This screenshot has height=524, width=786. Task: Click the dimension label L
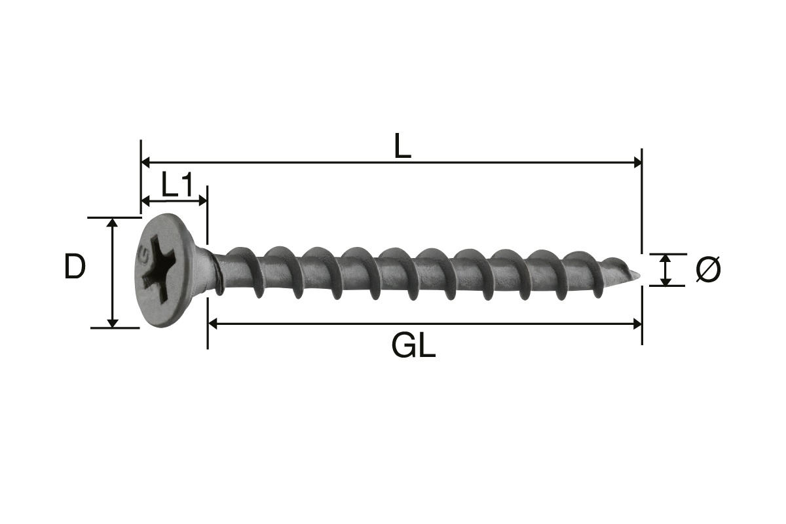[402, 145]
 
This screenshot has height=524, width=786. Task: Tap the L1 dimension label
[178, 184]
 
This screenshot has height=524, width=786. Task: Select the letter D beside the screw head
[75, 267]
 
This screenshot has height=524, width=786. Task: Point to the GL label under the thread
[413, 345]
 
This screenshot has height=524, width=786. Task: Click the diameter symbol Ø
[708, 269]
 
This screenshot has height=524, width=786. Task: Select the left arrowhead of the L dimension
[145, 162]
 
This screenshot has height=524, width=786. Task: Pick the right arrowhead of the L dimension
[637, 162]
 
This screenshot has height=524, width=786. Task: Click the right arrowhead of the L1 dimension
[203, 200]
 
